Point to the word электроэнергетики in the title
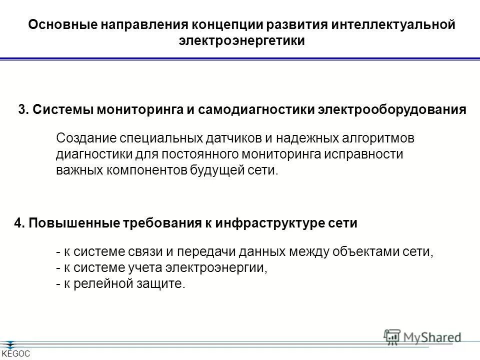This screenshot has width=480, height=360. coord(241,41)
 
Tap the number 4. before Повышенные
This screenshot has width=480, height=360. coord(19,223)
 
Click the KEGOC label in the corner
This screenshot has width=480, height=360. coord(16,354)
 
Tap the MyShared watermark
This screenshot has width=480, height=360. coord(422,337)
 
